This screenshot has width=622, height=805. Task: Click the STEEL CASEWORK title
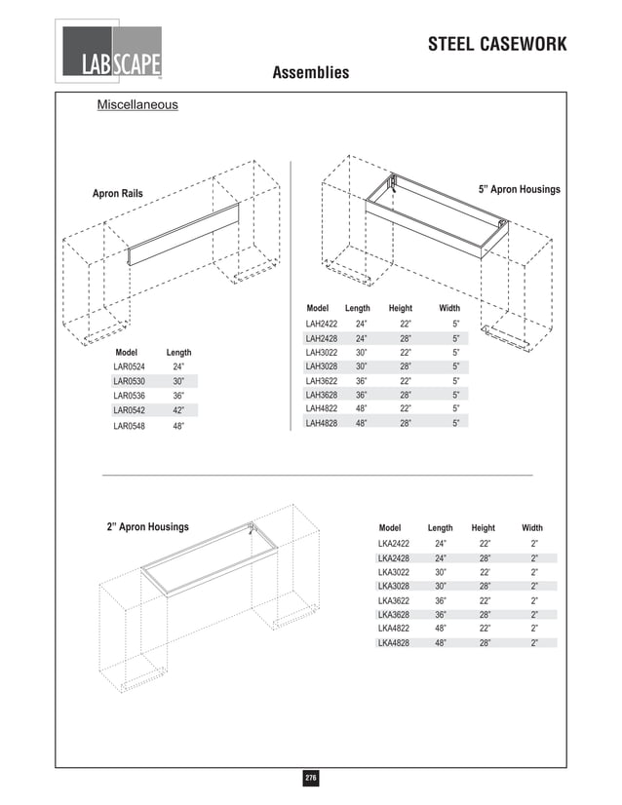pyautogui.click(x=497, y=46)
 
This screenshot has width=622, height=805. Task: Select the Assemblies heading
pyautogui.click(x=310, y=73)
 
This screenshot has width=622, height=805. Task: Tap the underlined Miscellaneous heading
pyautogui.click(x=136, y=104)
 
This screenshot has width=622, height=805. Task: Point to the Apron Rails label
pyautogui.click(x=117, y=194)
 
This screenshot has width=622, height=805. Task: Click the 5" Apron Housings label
pyautogui.click(x=519, y=189)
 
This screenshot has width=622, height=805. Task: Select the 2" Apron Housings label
pyautogui.click(x=147, y=527)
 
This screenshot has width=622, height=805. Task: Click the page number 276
pyautogui.click(x=310, y=778)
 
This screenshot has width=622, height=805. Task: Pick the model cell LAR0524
pyautogui.click(x=129, y=366)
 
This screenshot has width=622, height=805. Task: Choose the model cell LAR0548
pyautogui.click(x=129, y=426)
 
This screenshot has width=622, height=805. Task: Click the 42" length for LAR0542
pyautogui.click(x=178, y=410)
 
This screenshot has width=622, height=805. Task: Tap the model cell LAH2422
pyautogui.click(x=322, y=323)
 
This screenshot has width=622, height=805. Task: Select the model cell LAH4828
pyautogui.click(x=322, y=424)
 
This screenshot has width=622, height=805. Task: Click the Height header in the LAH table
pyautogui.click(x=400, y=308)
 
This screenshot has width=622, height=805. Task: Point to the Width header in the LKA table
pyautogui.click(x=532, y=527)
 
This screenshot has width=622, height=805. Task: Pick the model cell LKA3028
pyautogui.click(x=393, y=587)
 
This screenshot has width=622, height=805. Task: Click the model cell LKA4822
pyautogui.click(x=393, y=629)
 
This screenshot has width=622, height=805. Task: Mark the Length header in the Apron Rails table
pyautogui.click(x=178, y=352)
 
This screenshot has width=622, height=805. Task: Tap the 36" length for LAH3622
pyautogui.click(x=361, y=381)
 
